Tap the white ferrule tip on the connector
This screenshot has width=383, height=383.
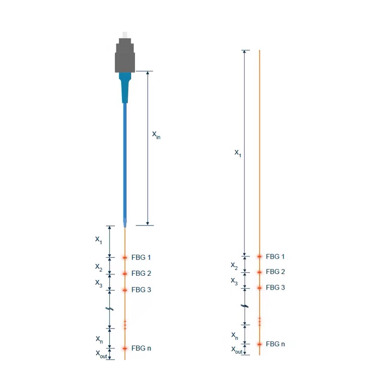(125, 34)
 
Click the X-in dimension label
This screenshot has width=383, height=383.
(156, 135)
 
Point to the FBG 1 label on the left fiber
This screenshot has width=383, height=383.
(141, 258)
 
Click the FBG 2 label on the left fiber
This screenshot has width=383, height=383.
(141, 273)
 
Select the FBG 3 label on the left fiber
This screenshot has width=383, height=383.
(141, 290)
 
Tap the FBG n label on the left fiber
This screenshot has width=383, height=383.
(141, 348)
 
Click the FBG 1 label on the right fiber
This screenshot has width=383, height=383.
(275, 257)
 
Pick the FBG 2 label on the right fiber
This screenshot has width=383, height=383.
(275, 271)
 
